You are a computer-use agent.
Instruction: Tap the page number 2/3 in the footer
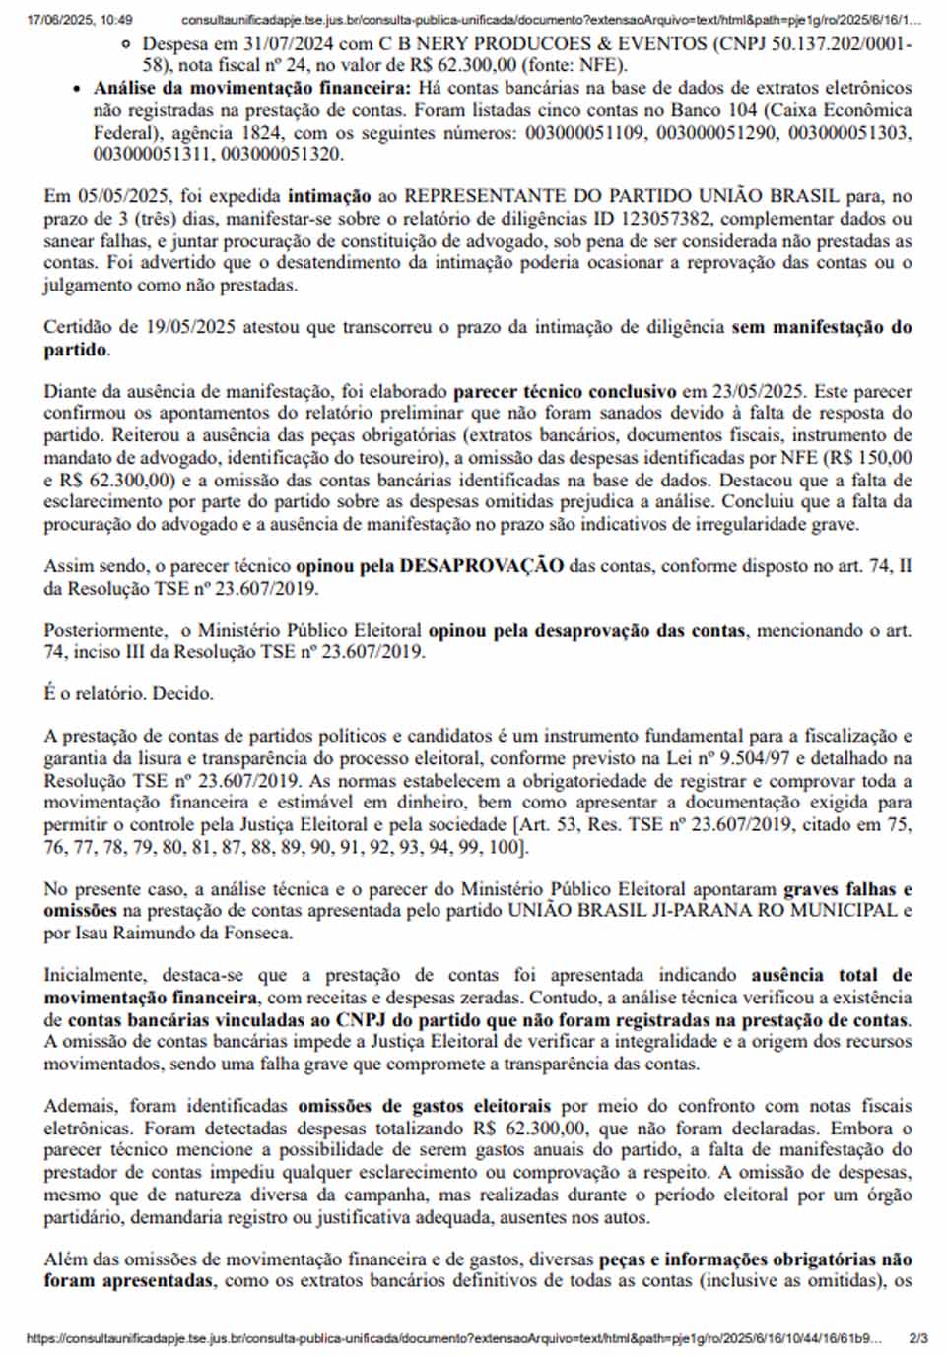(x=917, y=1338)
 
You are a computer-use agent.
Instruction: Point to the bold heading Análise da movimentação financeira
(x=252, y=88)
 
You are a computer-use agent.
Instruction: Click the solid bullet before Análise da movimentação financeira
(x=79, y=89)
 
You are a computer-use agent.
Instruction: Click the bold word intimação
(x=329, y=196)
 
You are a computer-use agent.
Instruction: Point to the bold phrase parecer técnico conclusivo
(x=565, y=392)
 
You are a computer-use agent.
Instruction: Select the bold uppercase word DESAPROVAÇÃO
(x=481, y=565)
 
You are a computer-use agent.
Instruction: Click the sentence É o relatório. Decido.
(x=128, y=693)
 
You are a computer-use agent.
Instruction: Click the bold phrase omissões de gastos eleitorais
(x=424, y=1106)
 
